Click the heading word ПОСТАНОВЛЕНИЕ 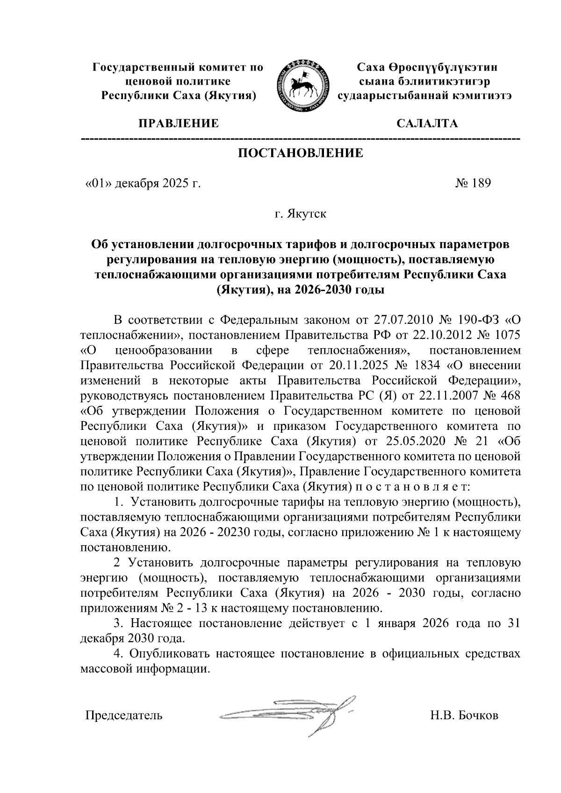coord(301,153)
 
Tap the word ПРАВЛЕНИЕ coord(177,124)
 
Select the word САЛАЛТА coord(427,124)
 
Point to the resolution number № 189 coord(473,183)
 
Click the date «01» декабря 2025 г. coord(142,183)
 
